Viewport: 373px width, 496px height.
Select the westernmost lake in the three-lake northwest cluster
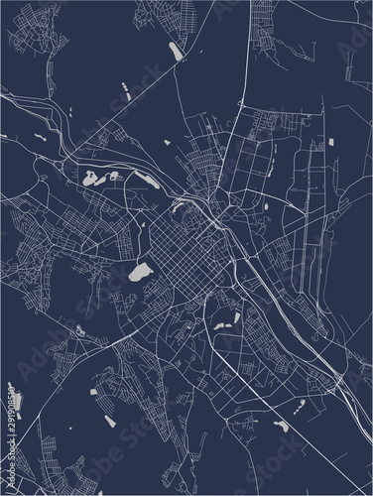(91, 181)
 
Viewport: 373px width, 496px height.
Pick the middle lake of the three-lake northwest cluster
(112, 178)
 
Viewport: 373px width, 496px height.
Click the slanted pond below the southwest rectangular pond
(100, 410)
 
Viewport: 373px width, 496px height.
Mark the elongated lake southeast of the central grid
(237, 319)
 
